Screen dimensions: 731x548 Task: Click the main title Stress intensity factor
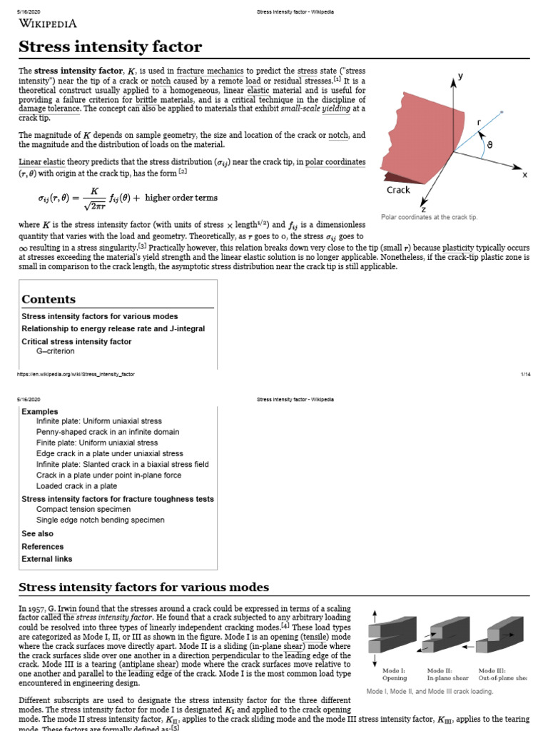pos(110,48)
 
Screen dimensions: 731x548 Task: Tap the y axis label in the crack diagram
pos(460,76)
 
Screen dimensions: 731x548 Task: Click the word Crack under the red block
pos(398,190)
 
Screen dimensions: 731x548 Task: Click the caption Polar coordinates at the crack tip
pos(429,216)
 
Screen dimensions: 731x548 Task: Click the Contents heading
pos(49,299)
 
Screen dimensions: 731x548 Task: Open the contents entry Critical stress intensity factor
pos(76,341)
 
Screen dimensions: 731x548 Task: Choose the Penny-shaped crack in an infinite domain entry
pos(108,432)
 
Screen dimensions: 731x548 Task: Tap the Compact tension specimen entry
pos(83,509)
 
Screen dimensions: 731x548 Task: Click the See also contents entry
pos(37,533)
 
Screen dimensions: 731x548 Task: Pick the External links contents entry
pos(47,559)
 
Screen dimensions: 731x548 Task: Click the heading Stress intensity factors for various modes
pos(143,588)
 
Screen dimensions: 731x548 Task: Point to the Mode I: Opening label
pos(394,674)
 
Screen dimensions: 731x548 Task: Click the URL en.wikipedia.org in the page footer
pos(76,374)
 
